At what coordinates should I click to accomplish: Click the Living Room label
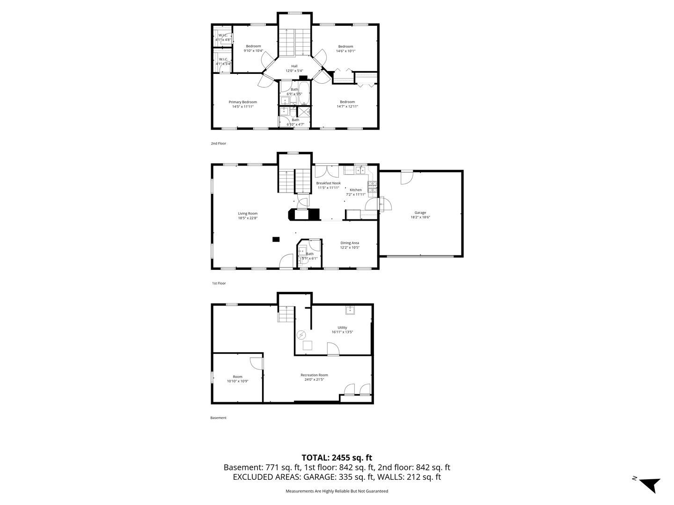(248, 213)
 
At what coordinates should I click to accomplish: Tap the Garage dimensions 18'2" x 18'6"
(420, 217)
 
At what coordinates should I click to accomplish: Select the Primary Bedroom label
(242, 102)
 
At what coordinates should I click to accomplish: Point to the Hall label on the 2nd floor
(294, 66)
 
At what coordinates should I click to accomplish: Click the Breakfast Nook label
(328, 183)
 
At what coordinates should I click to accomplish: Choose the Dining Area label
(350, 243)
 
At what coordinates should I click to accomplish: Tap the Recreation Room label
(314, 375)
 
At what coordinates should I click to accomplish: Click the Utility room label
(342, 327)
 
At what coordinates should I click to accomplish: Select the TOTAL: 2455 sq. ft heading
(337, 458)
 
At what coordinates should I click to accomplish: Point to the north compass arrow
(650, 485)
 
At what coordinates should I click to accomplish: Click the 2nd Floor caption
(218, 143)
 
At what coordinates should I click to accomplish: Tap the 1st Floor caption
(219, 283)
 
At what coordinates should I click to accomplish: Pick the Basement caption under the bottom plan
(218, 418)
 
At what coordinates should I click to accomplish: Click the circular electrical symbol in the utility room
(301, 335)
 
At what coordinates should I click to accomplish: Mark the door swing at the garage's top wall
(407, 178)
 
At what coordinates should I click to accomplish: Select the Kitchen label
(356, 190)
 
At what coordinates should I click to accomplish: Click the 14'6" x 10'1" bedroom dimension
(345, 51)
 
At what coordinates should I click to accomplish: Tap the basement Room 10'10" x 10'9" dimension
(237, 381)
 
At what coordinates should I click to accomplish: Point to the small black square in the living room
(276, 239)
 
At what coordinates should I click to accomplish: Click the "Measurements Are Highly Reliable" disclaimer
(337, 491)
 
